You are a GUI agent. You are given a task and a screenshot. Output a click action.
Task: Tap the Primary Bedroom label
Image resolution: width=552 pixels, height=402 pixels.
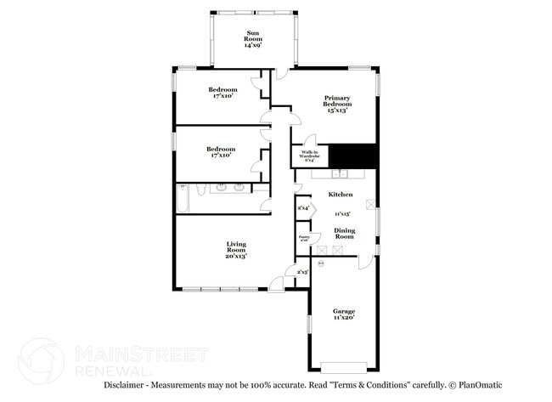tap(337, 104)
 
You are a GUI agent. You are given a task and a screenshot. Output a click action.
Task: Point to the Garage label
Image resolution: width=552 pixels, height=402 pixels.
tap(344, 314)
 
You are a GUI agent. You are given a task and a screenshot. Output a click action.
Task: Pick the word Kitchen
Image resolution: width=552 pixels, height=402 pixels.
tap(341, 195)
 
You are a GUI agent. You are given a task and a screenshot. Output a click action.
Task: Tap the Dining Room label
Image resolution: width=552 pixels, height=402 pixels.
tap(344, 233)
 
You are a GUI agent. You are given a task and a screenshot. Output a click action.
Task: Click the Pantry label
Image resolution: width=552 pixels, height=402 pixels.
tap(303, 238)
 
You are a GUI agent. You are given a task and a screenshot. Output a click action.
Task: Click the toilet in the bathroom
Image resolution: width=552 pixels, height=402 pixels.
tap(199, 190)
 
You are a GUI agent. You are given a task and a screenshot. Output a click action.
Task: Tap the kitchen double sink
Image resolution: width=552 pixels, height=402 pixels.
tap(341, 175)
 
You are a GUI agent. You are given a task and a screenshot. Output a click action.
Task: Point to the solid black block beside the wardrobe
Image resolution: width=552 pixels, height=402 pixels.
tap(352, 156)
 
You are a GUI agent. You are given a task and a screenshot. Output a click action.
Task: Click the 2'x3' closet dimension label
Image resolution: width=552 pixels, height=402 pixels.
tap(302, 272)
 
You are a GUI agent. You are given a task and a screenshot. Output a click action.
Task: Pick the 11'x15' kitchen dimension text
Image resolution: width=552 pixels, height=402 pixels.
tap(342, 214)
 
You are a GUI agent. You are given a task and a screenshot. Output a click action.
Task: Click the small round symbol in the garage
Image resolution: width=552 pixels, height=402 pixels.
tap(321, 264)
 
